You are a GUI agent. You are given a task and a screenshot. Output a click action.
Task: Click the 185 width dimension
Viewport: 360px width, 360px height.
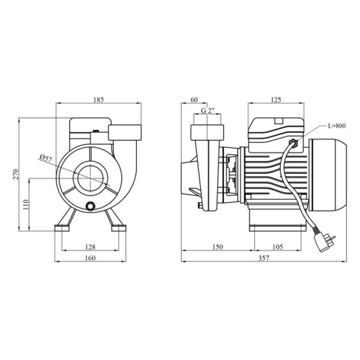[x=99, y=100]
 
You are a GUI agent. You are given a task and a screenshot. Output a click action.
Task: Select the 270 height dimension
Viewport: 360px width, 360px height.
[x=16, y=174]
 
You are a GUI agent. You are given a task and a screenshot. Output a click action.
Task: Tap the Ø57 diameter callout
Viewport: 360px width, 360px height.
[x=46, y=159]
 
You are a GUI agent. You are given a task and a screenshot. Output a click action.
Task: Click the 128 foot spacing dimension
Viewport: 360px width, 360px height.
[x=90, y=247]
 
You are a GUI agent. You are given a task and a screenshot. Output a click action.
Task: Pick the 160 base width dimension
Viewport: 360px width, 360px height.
[x=90, y=258]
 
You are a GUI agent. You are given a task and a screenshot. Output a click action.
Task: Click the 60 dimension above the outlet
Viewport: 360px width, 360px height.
[x=194, y=100]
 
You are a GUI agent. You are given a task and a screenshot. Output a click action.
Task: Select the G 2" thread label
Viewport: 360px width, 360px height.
[x=207, y=110]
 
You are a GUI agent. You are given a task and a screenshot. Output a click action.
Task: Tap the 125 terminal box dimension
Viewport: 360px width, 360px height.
[x=276, y=100]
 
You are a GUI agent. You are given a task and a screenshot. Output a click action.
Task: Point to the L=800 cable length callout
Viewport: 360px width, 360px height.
[x=336, y=126]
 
